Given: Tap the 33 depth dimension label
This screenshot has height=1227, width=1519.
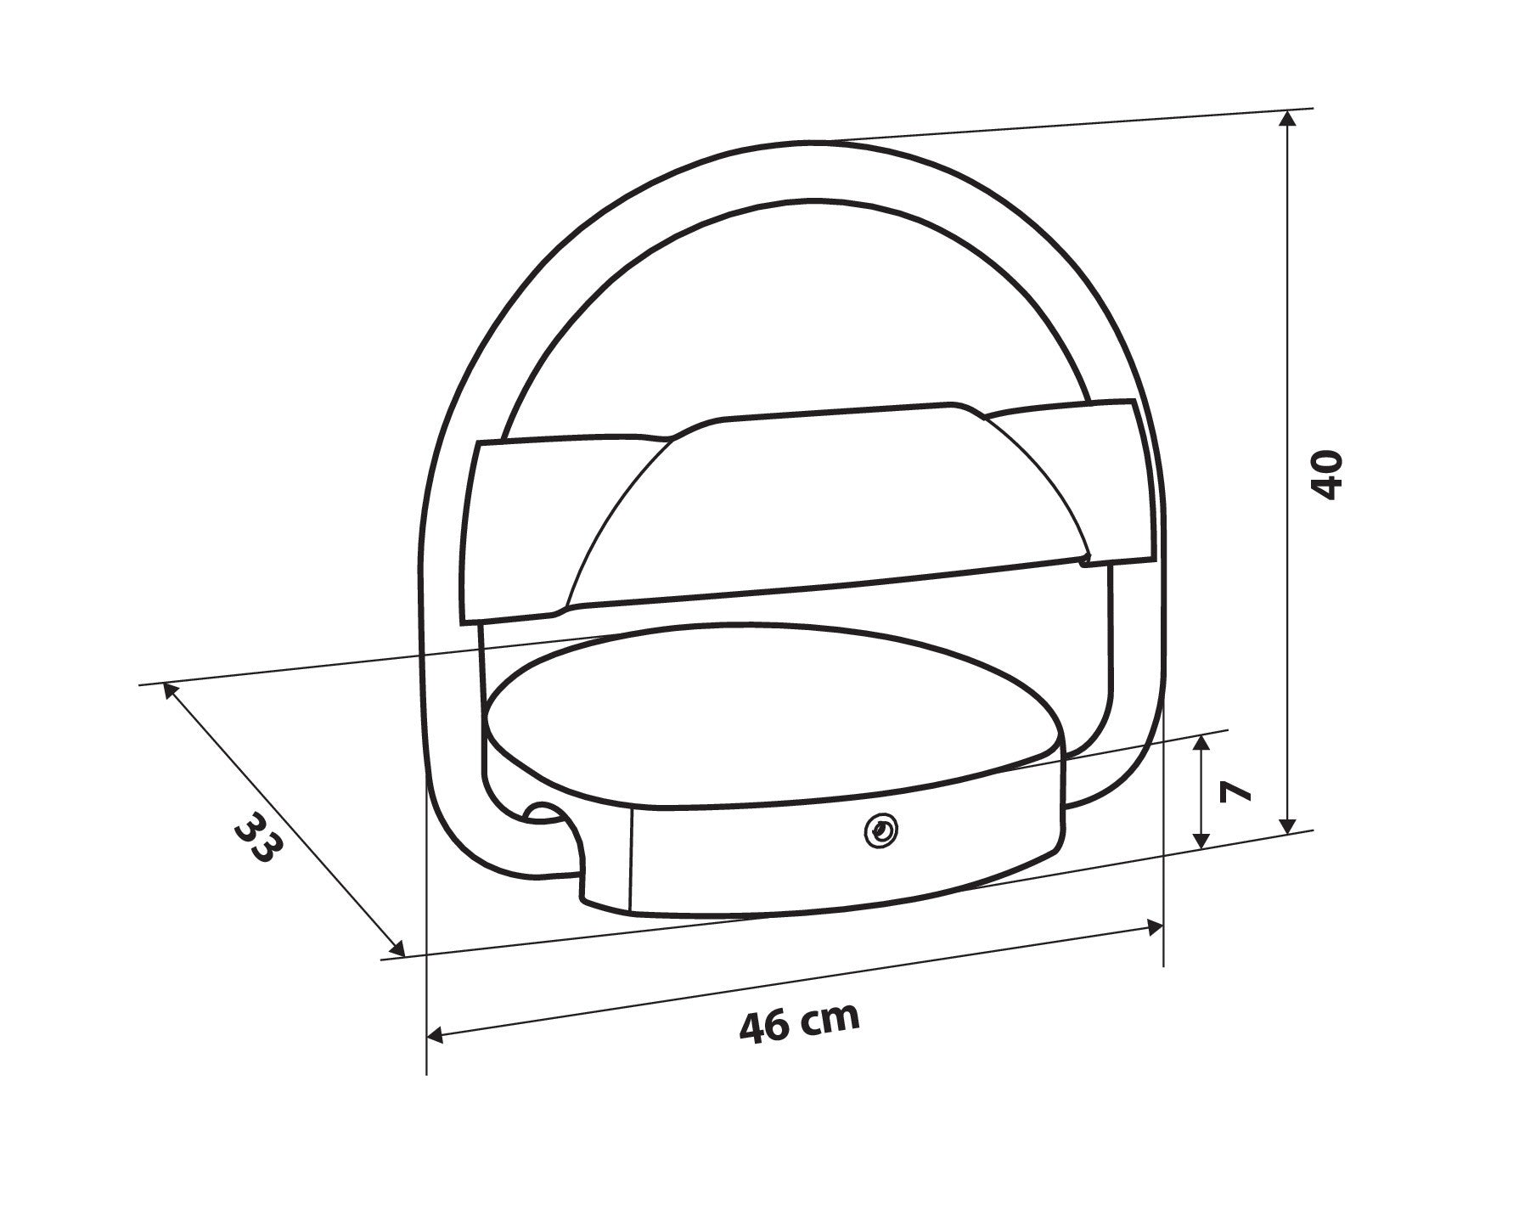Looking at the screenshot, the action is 256,837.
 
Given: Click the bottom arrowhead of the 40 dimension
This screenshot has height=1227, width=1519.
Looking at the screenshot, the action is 1287,824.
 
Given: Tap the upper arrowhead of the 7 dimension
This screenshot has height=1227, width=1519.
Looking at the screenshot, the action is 1201,745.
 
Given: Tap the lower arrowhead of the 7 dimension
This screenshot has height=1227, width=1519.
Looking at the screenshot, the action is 1201,839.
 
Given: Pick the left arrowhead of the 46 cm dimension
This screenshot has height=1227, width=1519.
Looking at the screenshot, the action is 436,1035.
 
